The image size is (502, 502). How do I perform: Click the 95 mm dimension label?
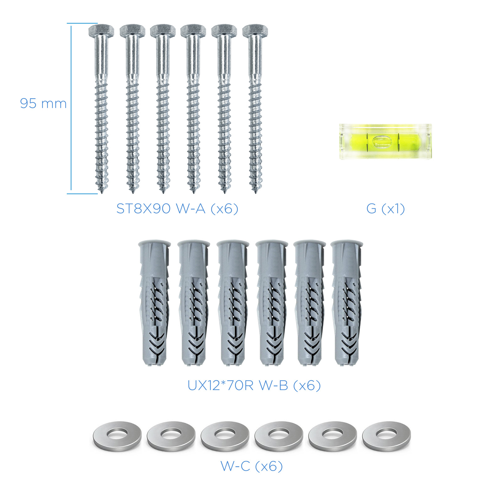[43, 104]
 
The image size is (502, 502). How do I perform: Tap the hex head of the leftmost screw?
[101, 30]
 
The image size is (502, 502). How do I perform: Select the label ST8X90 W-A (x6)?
[177, 209]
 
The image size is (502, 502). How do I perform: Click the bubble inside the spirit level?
[381, 141]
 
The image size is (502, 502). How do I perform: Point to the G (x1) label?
[386, 209]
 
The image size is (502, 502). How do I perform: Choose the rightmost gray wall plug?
[346, 303]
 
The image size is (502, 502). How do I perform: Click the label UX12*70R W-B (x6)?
[254, 386]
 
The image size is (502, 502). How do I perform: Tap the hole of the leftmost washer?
[117, 435]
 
